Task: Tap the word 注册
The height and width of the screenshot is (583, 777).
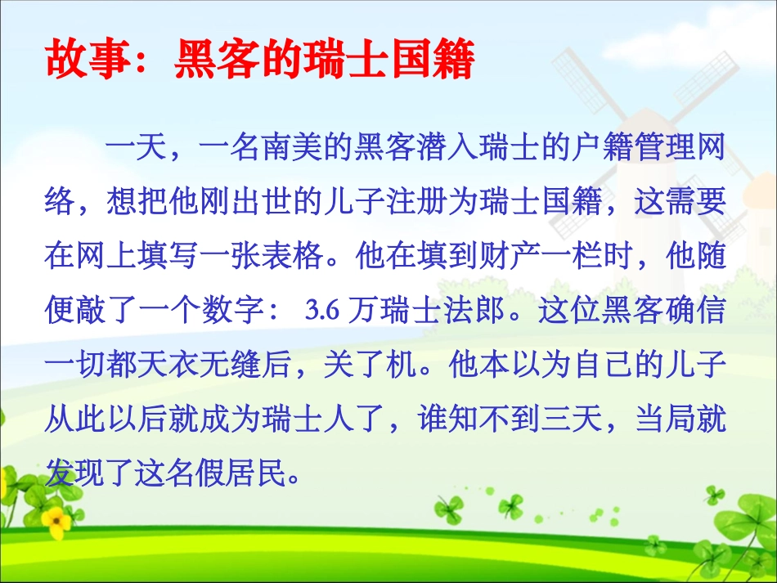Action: tap(416, 201)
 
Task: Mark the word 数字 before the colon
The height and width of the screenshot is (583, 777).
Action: tap(231, 310)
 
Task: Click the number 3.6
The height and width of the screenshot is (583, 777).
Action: tap(321, 311)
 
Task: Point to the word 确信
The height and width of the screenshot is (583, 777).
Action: tap(694, 310)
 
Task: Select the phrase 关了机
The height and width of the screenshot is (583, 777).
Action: tap(370, 365)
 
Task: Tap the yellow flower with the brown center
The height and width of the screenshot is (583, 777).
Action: tap(56, 520)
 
